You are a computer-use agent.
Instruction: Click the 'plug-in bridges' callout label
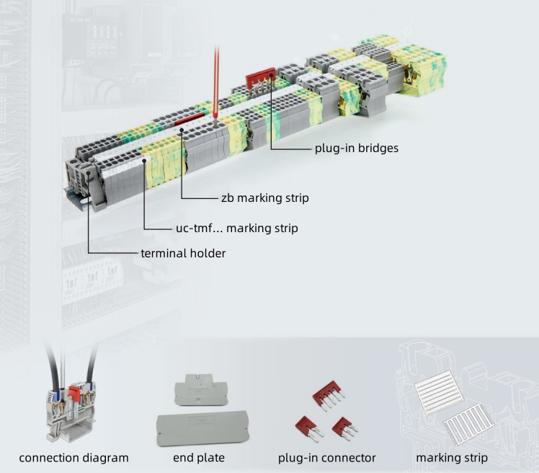click(356, 149)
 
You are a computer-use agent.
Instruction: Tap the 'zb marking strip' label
click(265, 198)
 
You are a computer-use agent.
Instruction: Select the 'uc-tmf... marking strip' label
click(236, 228)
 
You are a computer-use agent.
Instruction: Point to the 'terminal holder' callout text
click(183, 253)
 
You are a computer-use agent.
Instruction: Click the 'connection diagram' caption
click(73, 458)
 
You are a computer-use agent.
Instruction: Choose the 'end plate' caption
click(199, 458)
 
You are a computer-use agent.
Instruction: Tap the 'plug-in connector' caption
click(327, 458)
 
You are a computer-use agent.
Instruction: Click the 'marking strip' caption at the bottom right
click(452, 458)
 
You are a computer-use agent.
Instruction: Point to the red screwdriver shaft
click(215, 79)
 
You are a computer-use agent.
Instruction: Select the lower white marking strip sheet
click(468, 428)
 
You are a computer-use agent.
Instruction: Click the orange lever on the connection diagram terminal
click(73, 393)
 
